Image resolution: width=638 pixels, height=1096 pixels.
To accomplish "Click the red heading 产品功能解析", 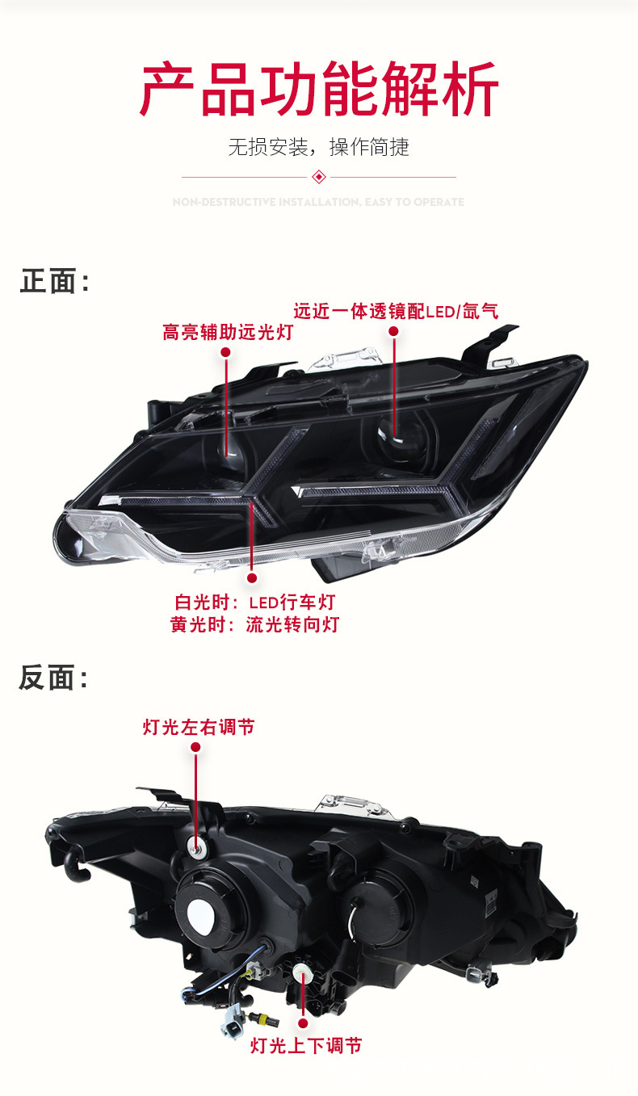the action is coord(319,89).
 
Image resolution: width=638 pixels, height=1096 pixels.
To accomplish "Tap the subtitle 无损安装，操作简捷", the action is coord(319,147).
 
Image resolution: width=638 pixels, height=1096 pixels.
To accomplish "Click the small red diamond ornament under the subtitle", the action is coord(319,177).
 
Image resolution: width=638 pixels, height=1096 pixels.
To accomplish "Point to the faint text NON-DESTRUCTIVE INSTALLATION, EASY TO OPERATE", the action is coord(319,202).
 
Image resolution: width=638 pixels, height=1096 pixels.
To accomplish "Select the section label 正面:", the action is coord(54,282).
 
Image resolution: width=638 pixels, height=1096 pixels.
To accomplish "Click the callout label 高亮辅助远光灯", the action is coord(227,332).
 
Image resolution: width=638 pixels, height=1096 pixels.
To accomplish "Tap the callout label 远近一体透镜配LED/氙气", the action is coord(396,310).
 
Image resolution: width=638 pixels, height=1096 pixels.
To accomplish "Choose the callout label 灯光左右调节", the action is coord(199,727).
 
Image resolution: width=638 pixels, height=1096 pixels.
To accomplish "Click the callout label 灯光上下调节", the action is coord(306,1046).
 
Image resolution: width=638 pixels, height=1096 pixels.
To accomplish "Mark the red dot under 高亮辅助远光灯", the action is coord(226,353).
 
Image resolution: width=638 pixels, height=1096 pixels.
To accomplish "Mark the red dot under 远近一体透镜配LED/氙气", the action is coord(394,331).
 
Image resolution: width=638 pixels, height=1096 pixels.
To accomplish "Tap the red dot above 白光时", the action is coord(252,578).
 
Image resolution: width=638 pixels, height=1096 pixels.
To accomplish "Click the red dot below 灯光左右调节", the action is coord(196,750).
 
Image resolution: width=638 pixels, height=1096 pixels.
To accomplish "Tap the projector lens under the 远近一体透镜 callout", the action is coord(393,434).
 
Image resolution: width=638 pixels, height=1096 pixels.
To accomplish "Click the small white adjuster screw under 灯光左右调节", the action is coord(195,845).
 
